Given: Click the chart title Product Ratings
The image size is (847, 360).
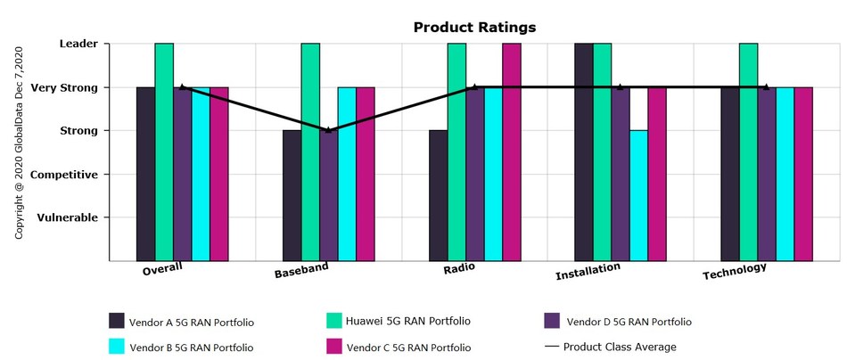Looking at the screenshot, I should pos(474,28).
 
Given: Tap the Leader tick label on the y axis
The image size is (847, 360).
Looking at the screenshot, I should pos(78,43).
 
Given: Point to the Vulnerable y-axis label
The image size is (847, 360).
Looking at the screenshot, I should pos(68,217).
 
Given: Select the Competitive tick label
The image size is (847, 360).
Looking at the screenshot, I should pos(64,175).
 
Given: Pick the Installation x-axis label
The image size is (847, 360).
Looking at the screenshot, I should pos(588,272).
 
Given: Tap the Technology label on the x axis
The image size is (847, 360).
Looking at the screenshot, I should pos(734,270).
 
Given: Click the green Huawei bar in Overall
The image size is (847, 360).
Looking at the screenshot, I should pos(164,151).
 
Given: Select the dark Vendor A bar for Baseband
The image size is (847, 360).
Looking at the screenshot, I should pos(292,195).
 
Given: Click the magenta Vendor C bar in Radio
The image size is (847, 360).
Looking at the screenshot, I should pos(512,151).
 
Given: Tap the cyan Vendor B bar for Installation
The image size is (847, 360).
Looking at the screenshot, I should pos(638,195).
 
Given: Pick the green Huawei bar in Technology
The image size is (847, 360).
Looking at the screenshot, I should pos(748,151).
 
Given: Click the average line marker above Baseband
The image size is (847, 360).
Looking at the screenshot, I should pos(328,130).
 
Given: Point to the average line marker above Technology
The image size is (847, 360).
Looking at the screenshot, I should pos(767,87).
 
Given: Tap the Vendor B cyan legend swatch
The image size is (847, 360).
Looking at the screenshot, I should pos(117,347).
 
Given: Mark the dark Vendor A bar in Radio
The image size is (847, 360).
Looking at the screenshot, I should pos(438,195).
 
